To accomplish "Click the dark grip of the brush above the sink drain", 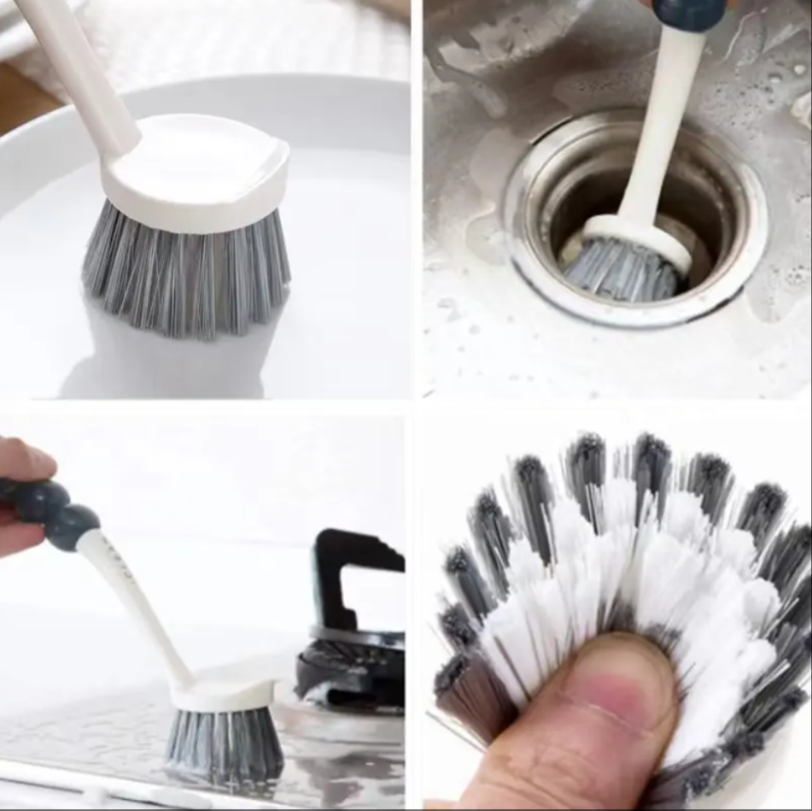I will click(688, 13).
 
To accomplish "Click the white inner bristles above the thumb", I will click(615, 564).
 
